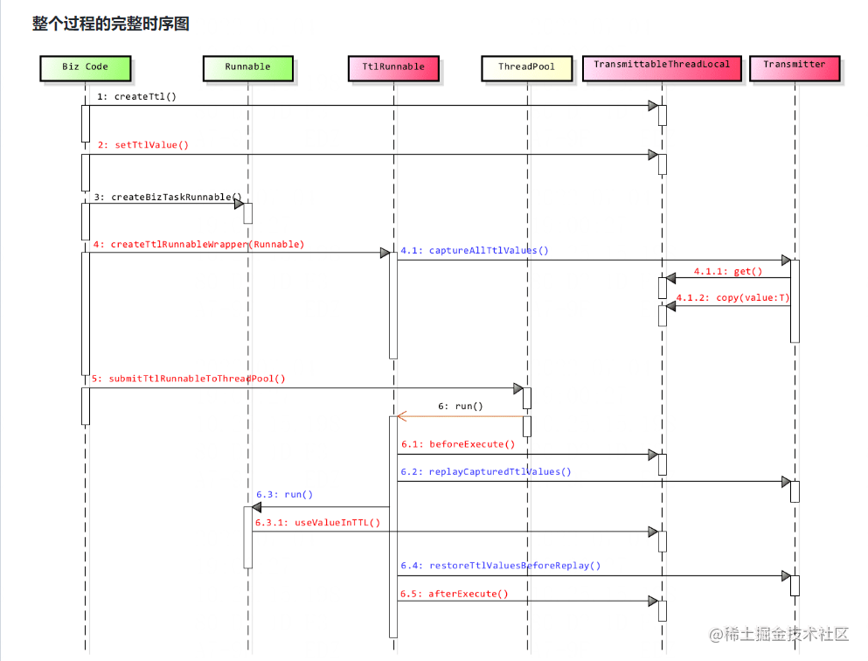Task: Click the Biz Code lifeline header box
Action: (x=85, y=67)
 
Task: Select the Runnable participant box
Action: (x=247, y=67)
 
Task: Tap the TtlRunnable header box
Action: (x=392, y=67)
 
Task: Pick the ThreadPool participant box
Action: (x=526, y=67)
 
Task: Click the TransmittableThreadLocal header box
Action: (x=661, y=66)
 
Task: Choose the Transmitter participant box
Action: (x=794, y=66)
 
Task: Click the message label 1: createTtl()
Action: (x=136, y=96)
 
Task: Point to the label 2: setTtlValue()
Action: (x=142, y=145)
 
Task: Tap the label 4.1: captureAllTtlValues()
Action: (x=475, y=251)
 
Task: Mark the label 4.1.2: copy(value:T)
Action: (x=733, y=298)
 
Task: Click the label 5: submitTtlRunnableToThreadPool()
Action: (x=188, y=379)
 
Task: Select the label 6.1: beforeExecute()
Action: (x=458, y=444)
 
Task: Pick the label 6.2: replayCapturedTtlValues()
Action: (x=486, y=472)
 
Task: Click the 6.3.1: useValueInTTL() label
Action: (x=317, y=523)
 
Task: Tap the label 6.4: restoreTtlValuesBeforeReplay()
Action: (x=501, y=566)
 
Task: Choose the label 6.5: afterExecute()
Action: (x=455, y=594)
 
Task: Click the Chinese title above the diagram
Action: (x=111, y=24)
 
